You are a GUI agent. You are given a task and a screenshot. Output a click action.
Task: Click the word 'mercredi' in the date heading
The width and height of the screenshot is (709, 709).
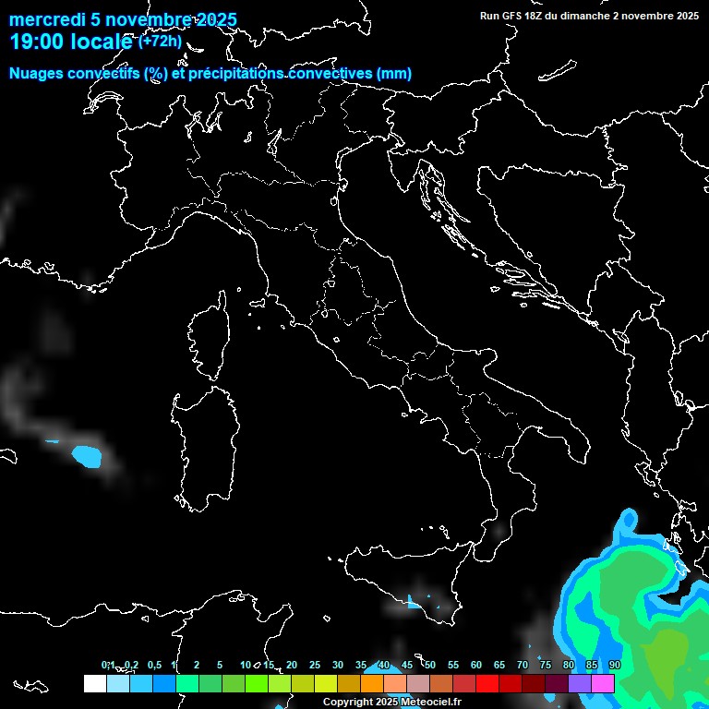point(45,20)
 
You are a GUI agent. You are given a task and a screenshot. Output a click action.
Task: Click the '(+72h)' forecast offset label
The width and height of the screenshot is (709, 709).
point(160,41)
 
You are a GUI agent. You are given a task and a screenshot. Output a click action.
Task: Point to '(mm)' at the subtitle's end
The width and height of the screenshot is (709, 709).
point(394,74)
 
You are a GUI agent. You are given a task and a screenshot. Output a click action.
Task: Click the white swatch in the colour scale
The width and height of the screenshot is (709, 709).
point(94,683)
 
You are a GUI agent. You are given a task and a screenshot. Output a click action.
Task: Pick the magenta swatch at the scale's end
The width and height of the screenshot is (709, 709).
point(603,683)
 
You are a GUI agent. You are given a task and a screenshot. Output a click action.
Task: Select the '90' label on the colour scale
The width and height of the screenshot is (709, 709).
point(615,666)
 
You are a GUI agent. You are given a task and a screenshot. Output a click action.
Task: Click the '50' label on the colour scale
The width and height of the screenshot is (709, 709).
point(430,666)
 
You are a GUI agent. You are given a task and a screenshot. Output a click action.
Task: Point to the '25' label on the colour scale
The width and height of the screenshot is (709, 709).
point(315,666)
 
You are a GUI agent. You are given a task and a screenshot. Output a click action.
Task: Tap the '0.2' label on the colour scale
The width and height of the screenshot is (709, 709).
point(132,666)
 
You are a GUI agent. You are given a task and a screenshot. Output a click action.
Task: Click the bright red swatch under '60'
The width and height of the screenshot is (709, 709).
point(487,683)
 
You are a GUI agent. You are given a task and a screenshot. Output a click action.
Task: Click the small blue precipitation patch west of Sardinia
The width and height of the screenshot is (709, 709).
point(87,456)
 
